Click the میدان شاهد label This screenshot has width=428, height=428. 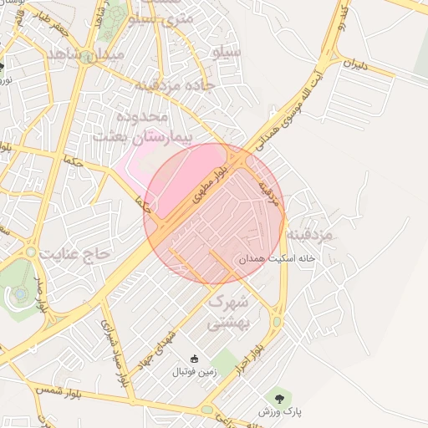pos(86,53)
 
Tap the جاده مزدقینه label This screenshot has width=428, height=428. pos(176,84)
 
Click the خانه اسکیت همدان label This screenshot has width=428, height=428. pos(275,260)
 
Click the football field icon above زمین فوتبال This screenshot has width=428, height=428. pos(194,359)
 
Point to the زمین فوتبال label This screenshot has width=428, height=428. pos(194,370)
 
